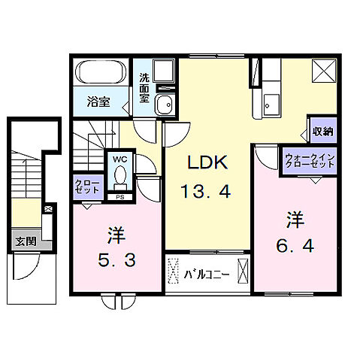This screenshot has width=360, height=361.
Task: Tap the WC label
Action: pyautogui.click(x=119, y=159)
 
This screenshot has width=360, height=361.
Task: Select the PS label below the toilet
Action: pyautogui.click(x=119, y=197)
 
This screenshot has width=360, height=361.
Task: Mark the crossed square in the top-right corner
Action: pyautogui.click(x=327, y=73)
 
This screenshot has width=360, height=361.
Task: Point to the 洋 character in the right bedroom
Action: pyautogui.click(x=295, y=219)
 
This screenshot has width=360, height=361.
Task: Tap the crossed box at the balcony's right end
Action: pyautogui.click(x=243, y=268)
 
